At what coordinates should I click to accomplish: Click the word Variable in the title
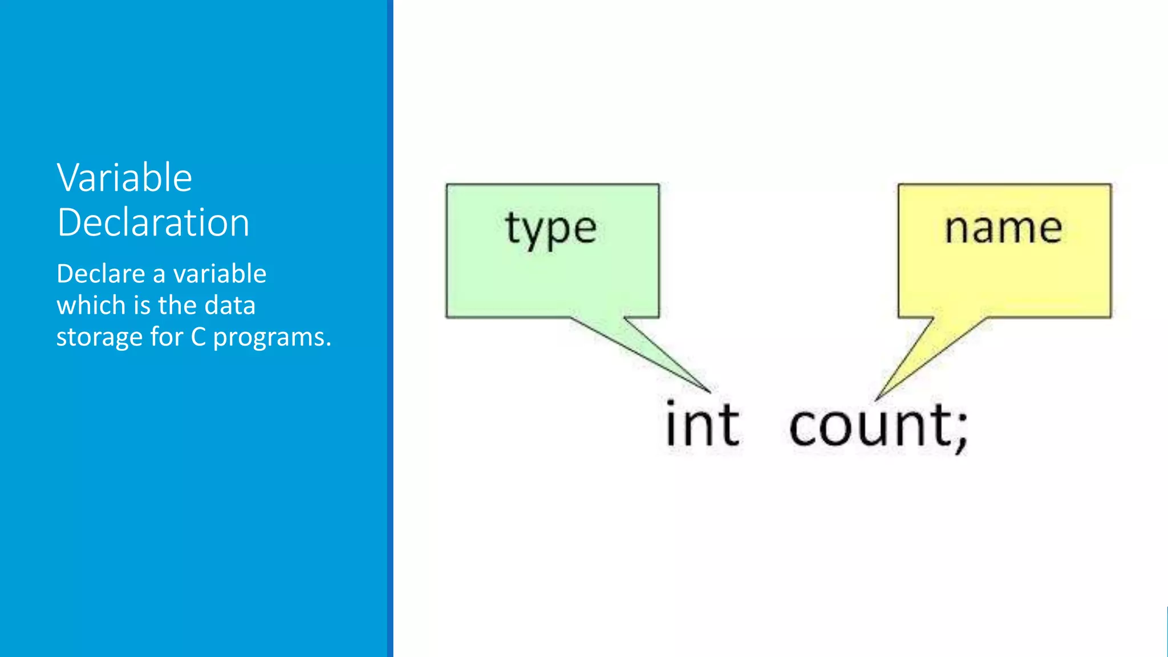coord(124,178)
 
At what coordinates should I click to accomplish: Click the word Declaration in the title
coord(153,222)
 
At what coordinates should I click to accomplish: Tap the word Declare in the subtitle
coord(101,274)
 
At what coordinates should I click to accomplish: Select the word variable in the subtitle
coord(220,274)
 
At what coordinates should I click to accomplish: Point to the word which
coord(91,305)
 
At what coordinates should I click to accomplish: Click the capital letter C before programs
coord(198,337)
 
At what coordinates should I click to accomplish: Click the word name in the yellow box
coord(1003,228)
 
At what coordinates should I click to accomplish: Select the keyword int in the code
coord(703,425)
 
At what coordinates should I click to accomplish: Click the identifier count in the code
coord(870,426)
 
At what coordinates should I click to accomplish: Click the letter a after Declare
coord(159,275)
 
